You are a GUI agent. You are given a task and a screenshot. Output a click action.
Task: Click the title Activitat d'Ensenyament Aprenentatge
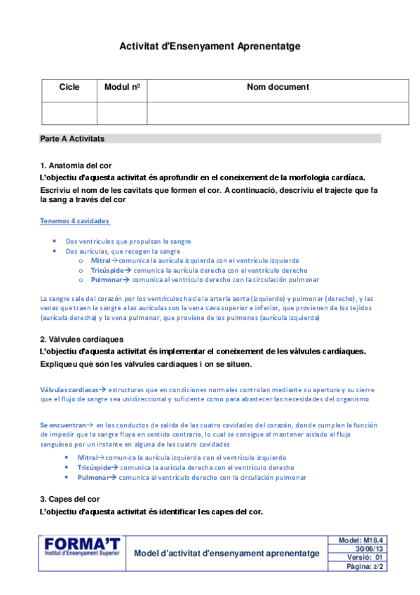pyautogui.click(x=210, y=46)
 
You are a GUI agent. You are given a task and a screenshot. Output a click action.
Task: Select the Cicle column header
pyautogui.click(x=69, y=88)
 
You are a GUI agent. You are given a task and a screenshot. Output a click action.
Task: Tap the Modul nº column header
pyautogui.click(x=122, y=88)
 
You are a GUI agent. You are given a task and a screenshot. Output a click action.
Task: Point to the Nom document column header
pyautogui.click(x=278, y=88)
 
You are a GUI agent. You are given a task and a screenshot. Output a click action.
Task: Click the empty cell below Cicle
pyautogui.click(x=69, y=113)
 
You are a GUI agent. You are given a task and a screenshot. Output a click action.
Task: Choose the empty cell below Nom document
pyautogui.click(x=278, y=113)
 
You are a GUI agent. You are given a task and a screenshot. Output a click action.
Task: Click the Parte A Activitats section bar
pyautogui.click(x=210, y=139)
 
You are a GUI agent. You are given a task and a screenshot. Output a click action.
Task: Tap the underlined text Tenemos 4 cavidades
pyautogui.click(x=74, y=221)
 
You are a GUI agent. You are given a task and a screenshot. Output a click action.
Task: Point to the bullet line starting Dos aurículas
pyautogui.click(x=123, y=250)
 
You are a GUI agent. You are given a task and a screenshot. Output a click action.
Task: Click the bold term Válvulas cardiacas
pyautogui.click(x=69, y=389)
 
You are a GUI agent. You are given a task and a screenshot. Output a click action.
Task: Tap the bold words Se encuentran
pyautogui.click(x=63, y=425)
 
